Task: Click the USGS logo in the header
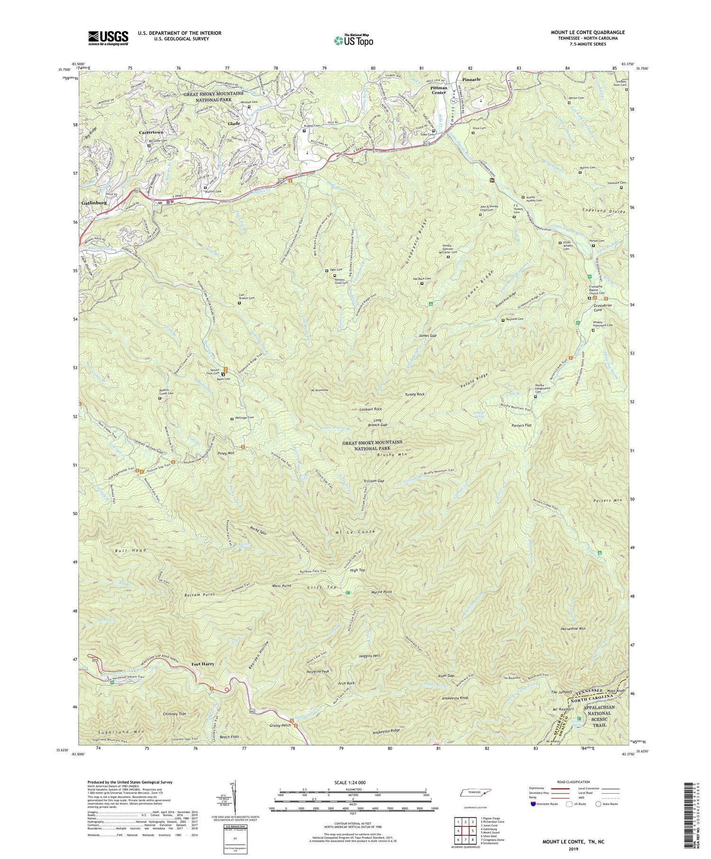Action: tap(108, 38)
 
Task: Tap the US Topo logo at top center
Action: tap(353, 40)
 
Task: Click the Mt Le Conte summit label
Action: tap(355, 532)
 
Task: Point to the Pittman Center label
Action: tap(439, 90)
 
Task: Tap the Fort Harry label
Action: tap(203, 664)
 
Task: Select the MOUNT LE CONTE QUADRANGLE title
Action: tap(587, 32)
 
